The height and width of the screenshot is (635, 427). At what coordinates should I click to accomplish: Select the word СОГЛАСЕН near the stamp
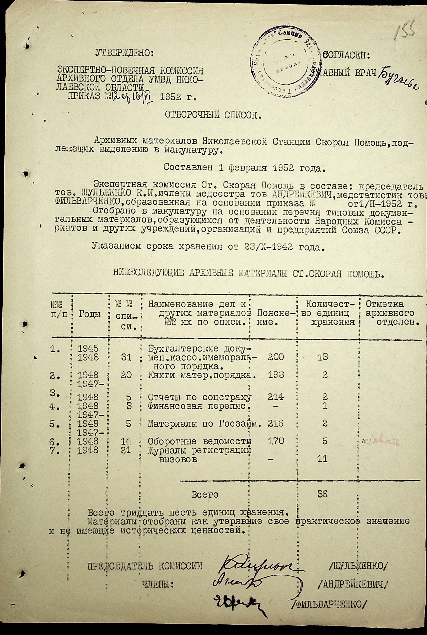[x=346, y=56]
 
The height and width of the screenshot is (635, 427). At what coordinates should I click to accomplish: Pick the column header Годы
[x=90, y=314]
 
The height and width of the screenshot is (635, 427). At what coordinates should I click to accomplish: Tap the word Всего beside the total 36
[x=205, y=494]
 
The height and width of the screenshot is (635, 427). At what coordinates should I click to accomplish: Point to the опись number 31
[x=126, y=357]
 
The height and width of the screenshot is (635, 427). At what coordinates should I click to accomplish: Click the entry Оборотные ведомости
[x=199, y=441]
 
